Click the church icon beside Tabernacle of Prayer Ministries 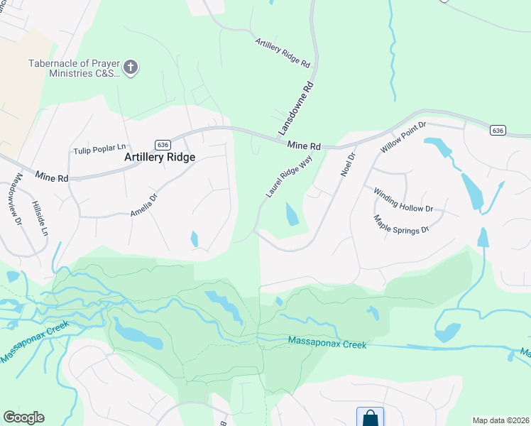131,67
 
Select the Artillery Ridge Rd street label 283,53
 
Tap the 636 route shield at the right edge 497,130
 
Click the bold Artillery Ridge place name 160,157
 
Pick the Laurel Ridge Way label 289,177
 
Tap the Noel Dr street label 347,165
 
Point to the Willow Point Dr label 403,138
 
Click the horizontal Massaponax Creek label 327,344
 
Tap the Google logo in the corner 23,417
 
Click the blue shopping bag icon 370,417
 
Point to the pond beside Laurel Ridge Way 292,214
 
